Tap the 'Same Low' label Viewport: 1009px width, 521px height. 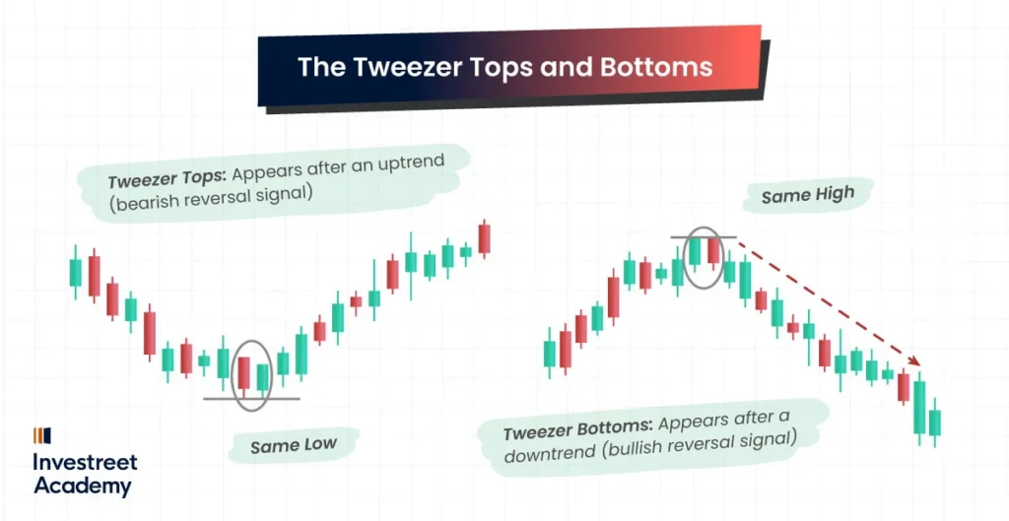click(x=293, y=446)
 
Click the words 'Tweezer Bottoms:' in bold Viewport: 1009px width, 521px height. click(x=575, y=429)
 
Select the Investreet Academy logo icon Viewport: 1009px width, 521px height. click(x=42, y=435)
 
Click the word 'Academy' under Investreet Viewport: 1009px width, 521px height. click(x=82, y=485)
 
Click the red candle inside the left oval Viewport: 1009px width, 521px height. click(x=243, y=372)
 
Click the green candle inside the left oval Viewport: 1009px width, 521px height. click(x=262, y=377)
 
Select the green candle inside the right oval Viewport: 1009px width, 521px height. click(x=695, y=252)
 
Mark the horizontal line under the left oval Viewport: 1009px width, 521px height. click(x=251, y=399)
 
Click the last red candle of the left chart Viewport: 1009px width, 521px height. click(x=484, y=239)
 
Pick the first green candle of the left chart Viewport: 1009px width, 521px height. click(x=75, y=273)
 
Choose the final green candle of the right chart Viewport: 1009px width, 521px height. click(x=935, y=423)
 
